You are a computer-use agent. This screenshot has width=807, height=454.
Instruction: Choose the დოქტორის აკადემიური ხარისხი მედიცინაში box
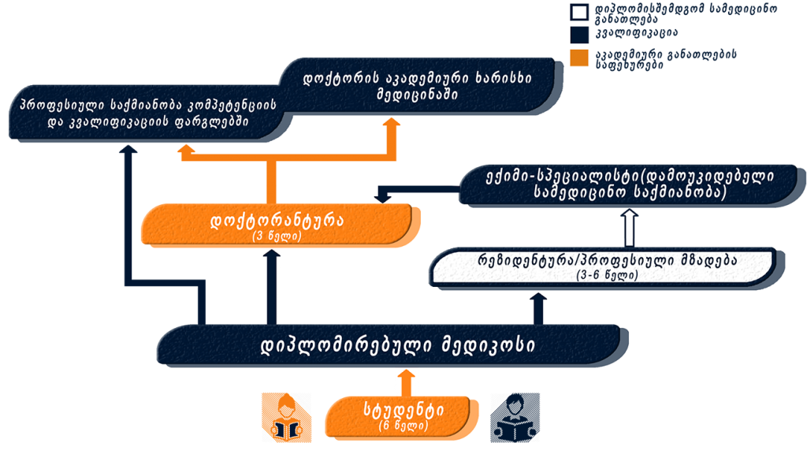coord(419,86)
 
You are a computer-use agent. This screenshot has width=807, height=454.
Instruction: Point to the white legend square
coord(579,12)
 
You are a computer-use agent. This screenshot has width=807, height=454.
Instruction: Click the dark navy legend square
coord(579,35)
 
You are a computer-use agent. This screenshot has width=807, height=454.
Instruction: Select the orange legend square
coord(579,58)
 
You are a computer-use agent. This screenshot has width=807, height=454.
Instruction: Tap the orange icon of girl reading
coord(287,418)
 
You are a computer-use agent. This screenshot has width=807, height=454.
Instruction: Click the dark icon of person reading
coord(515,418)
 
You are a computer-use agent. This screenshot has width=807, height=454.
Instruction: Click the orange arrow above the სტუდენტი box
coord(407,383)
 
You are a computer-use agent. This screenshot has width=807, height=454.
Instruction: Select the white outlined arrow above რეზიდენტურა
coord(630,228)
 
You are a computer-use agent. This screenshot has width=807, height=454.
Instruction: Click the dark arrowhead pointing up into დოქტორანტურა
coord(272,255)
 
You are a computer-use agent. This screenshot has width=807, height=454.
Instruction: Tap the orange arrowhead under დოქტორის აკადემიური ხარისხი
coord(392,122)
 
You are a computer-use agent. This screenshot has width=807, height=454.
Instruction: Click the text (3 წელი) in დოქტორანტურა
coord(277,236)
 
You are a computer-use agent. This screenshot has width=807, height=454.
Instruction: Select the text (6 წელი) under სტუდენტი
coord(403,426)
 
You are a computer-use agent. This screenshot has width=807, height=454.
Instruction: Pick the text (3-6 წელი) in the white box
coord(608,275)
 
